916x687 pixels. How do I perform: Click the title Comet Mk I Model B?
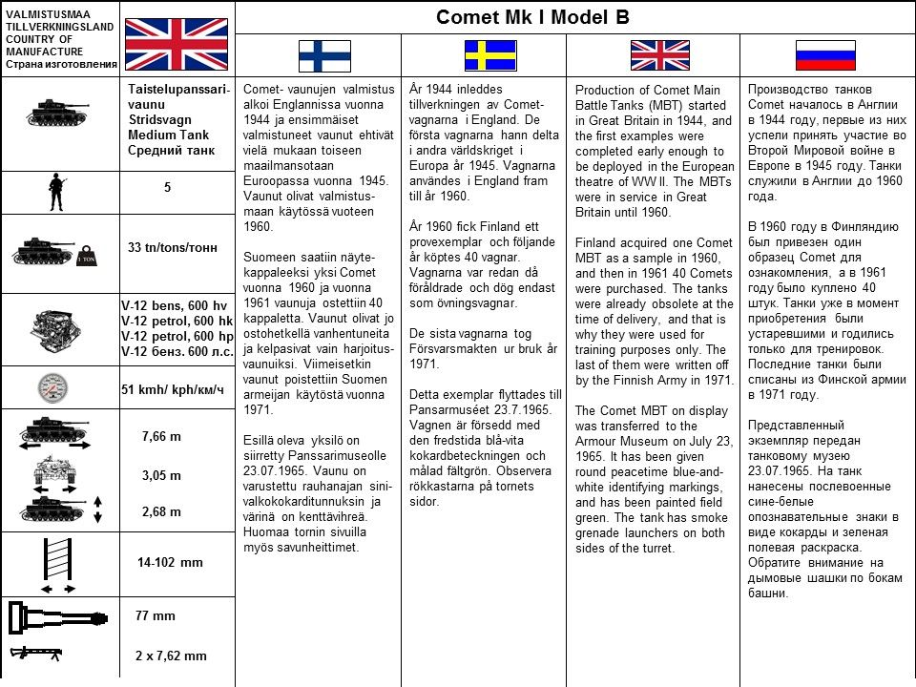532,17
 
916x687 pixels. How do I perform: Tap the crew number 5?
167,188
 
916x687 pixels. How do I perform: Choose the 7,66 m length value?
161,436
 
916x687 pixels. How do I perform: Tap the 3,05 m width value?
161,475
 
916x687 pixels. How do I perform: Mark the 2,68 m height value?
161,511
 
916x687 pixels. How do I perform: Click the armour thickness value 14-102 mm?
170,562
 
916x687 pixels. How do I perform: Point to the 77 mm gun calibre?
156,615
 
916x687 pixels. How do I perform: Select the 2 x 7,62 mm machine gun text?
171,656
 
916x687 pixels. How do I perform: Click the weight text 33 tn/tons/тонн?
173,247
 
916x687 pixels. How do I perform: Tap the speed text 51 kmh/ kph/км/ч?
173,389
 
